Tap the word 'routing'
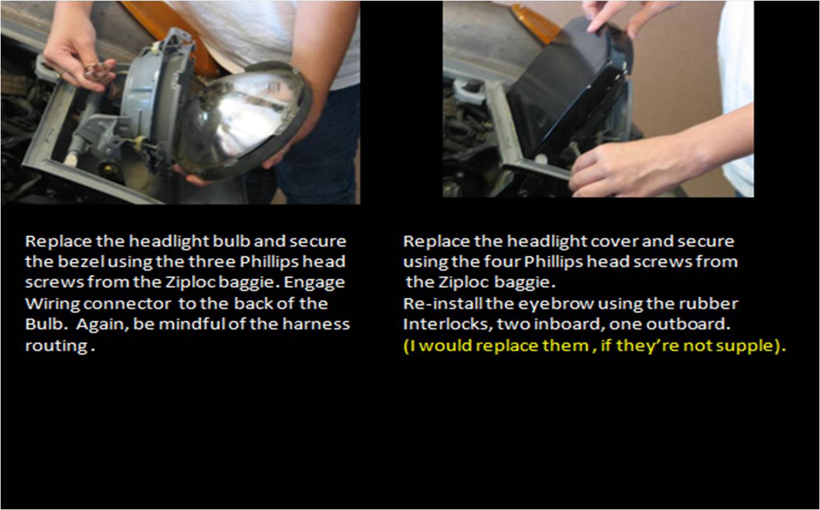point(57,346)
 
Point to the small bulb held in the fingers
point(96,71)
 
